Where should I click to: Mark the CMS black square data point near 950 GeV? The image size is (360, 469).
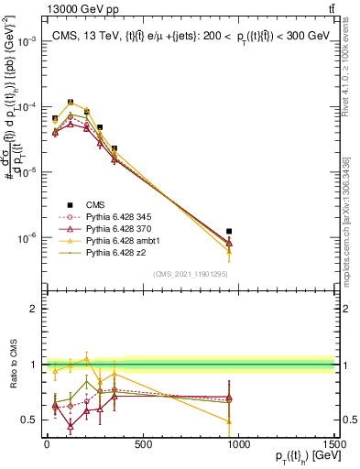click(x=229, y=232)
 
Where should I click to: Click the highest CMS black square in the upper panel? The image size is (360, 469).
click(x=71, y=103)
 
